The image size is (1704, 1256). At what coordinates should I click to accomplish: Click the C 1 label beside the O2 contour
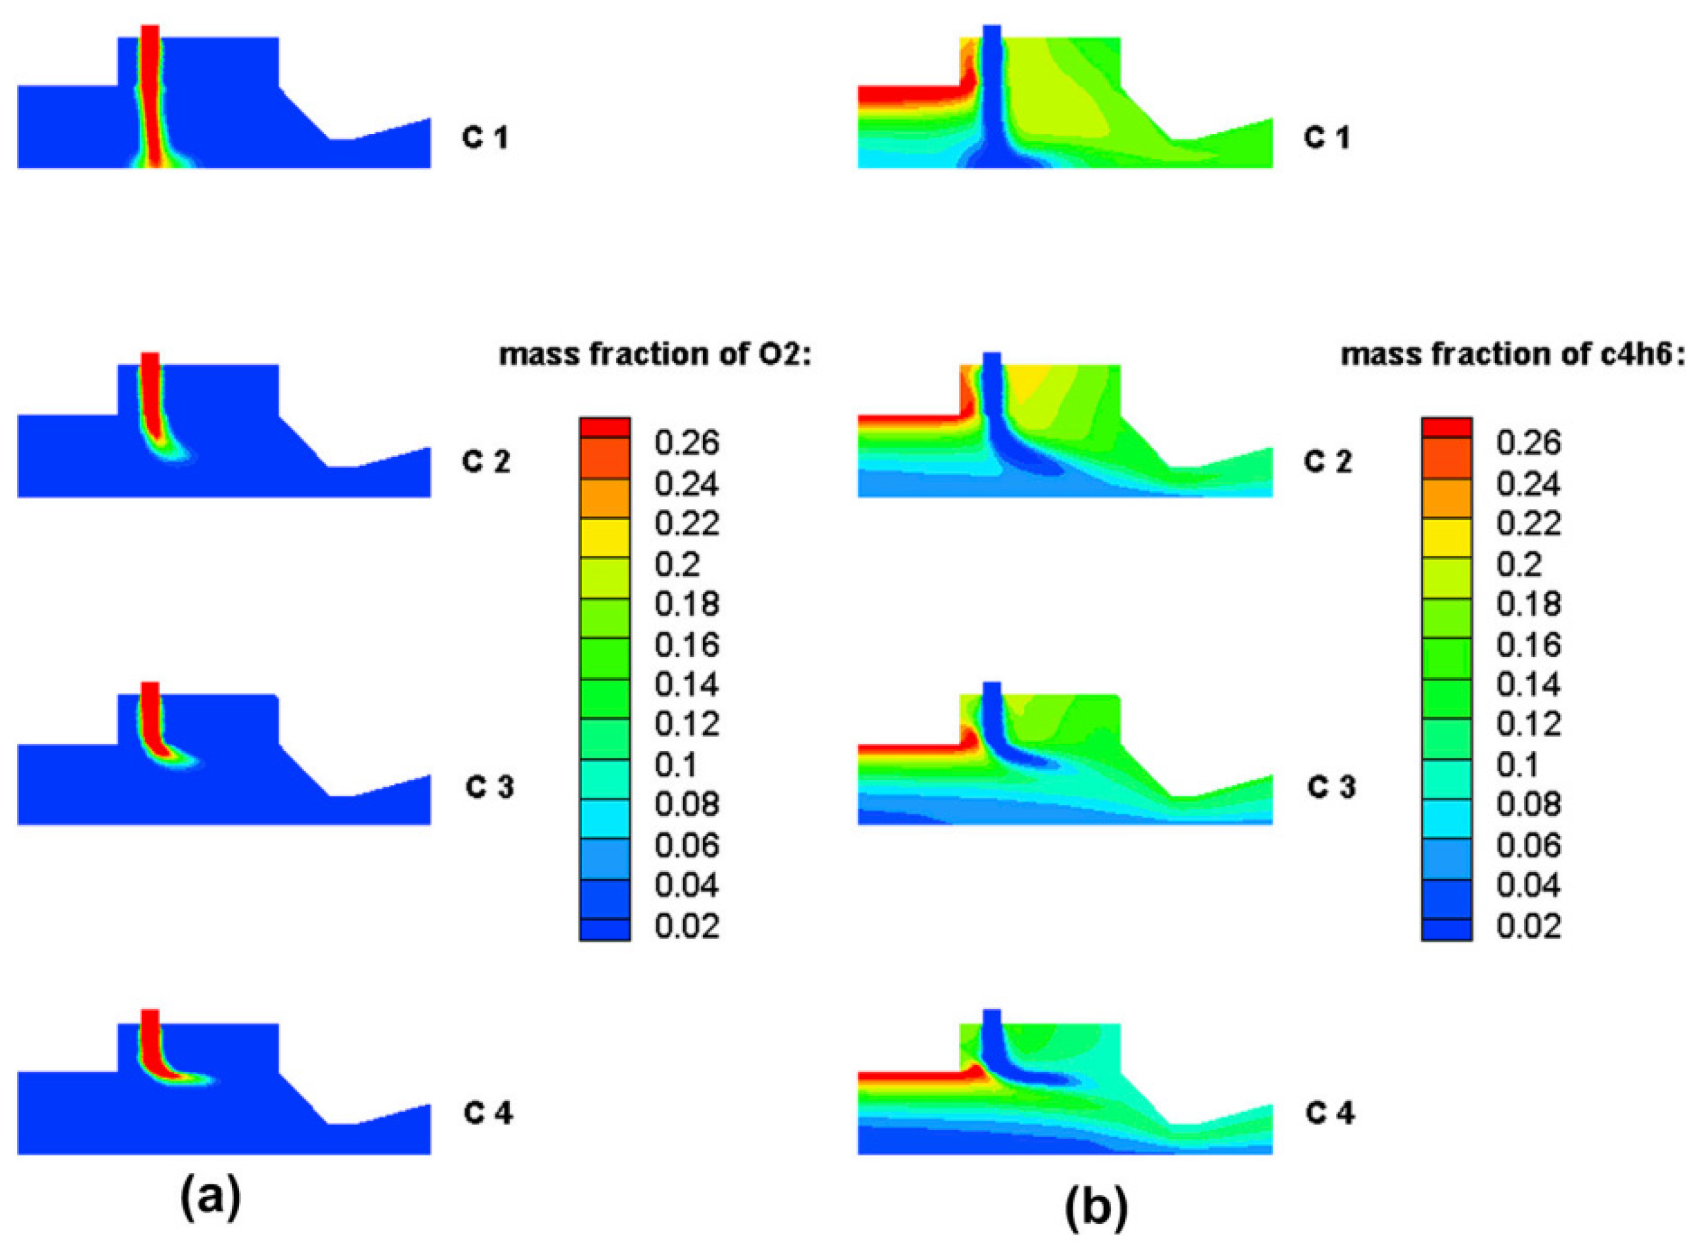click(485, 138)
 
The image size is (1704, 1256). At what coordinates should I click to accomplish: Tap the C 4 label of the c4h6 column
click(1330, 1114)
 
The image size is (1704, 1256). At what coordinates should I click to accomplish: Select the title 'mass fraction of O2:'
click(655, 355)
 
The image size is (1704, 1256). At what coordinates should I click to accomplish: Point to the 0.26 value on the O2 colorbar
click(687, 443)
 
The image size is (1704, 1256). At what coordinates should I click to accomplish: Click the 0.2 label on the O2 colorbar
click(677, 564)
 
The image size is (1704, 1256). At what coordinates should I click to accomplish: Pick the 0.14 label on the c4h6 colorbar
click(1528, 685)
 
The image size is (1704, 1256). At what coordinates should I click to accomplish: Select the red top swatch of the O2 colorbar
click(605, 427)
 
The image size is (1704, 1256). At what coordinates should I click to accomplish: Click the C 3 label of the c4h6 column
click(1332, 788)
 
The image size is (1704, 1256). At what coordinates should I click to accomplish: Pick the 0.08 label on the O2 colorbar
click(687, 805)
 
